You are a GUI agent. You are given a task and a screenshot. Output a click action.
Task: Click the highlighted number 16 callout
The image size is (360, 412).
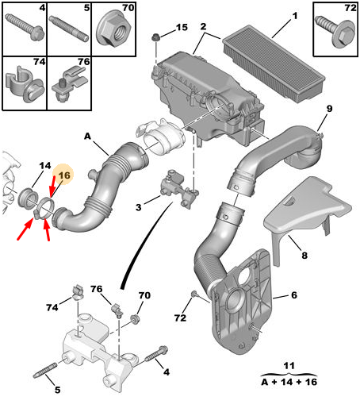(x=64, y=175)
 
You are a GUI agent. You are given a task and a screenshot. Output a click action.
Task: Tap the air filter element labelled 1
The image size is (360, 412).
(x=274, y=64)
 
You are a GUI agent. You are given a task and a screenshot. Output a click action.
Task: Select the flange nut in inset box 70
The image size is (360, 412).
(x=113, y=29)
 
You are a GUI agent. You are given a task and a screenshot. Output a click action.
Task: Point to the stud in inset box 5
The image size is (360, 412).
(x=68, y=29)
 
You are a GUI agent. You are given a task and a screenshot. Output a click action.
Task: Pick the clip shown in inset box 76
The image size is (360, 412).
(x=69, y=84)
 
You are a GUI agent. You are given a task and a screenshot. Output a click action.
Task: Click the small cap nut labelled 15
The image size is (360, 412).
(x=156, y=37)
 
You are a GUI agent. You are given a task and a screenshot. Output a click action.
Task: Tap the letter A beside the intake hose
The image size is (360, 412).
(x=87, y=137)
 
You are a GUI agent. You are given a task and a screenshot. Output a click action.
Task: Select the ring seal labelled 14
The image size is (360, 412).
(x=28, y=198)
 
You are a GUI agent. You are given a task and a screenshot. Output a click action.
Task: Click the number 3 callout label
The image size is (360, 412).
(x=139, y=207)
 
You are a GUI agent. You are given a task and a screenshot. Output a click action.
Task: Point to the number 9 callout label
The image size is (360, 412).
(x=329, y=109)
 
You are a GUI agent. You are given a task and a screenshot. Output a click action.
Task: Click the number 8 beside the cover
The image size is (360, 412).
(x=304, y=256)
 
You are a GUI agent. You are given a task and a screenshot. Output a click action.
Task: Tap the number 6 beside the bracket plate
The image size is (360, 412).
(x=294, y=295)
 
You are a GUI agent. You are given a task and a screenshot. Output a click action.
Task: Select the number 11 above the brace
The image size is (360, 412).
(x=289, y=366)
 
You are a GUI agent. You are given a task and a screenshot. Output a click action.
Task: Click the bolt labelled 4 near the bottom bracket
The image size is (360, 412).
(x=156, y=354)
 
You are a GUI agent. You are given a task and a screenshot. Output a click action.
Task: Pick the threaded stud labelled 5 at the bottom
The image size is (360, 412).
(x=45, y=371)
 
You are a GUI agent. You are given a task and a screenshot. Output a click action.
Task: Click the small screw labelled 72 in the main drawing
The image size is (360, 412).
(x=194, y=293)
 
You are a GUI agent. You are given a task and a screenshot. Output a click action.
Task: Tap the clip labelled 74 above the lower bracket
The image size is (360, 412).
(x=77, y=291)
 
